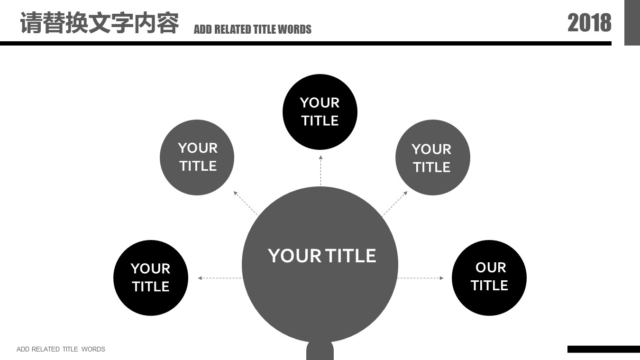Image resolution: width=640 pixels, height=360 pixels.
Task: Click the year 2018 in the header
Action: click(x=589, y=23)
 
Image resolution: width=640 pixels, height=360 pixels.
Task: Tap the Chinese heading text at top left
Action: click(x=100, y=23)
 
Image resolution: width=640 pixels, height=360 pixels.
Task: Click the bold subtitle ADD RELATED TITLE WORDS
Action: click(x=253, y=29)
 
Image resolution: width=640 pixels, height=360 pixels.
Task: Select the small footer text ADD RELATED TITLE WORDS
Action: click(x=61, y=349)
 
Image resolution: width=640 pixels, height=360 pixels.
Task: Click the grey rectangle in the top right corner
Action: click(x=632, y=23)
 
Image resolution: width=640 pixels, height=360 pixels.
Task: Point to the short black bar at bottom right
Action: click(x=603, y=349)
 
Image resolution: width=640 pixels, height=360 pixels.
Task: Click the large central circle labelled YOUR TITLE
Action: click(x=320, y=265)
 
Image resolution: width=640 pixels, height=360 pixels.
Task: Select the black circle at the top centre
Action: click(x=320, y=112)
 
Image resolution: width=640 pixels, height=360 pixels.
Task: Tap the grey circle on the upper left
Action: click(x=197, y=157)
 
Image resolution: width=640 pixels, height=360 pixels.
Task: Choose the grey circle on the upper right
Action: click(x=432, y=157)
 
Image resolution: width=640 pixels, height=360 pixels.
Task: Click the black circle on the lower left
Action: click(x=151, y=278)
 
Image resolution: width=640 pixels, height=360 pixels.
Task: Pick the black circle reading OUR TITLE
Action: click(x=489, y=278)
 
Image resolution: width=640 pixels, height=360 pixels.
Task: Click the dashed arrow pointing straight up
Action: click(x=320, y=171)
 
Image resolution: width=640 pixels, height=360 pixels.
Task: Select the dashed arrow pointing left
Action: click(x=220, y=278)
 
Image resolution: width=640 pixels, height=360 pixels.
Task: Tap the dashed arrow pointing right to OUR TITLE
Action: click(x=421, y=278)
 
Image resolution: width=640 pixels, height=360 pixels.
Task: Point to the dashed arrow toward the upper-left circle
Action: click(x=246, y=203)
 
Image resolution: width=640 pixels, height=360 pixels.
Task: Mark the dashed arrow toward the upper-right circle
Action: click(x=395, y=203)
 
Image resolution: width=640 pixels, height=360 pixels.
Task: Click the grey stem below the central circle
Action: click(x=320, y=351)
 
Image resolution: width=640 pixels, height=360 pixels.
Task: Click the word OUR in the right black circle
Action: click(x=491, y=268)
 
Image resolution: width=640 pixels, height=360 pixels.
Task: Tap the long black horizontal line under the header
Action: click(x=306, y=44)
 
